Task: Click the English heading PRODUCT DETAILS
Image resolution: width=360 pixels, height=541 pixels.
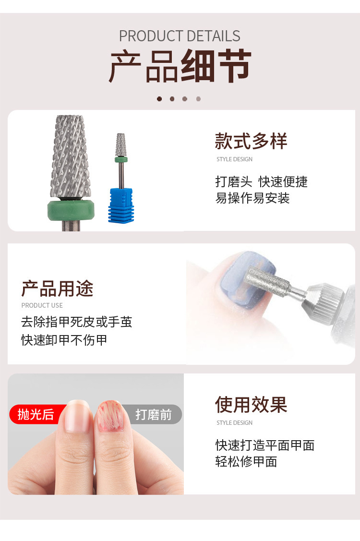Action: (180, 36)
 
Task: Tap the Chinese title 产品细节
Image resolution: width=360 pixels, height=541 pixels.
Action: (180, 66)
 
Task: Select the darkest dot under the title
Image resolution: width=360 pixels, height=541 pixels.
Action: (159, 99)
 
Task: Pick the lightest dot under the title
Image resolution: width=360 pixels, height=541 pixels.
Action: (198, 99)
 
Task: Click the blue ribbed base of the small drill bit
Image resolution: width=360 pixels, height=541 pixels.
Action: (121, 205)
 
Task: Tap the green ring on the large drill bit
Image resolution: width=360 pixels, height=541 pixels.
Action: (71, 209)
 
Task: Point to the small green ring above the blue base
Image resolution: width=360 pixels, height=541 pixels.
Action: (121, 159)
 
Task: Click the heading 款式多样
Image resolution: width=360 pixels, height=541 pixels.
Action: (251, 141)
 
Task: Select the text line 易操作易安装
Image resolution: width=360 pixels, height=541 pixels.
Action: (252, 198)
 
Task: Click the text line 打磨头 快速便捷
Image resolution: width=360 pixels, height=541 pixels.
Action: (262, 181)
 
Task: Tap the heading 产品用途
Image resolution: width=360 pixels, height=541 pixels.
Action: (57, 289)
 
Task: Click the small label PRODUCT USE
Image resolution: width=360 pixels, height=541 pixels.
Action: (42, 305)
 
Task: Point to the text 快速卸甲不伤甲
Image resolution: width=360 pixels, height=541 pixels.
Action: (64, 340)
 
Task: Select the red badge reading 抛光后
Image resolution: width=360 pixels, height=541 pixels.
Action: (35, 414)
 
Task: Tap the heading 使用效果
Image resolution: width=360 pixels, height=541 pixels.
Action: (251, 405)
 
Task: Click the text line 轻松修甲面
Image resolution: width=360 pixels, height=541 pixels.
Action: (246, 461)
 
